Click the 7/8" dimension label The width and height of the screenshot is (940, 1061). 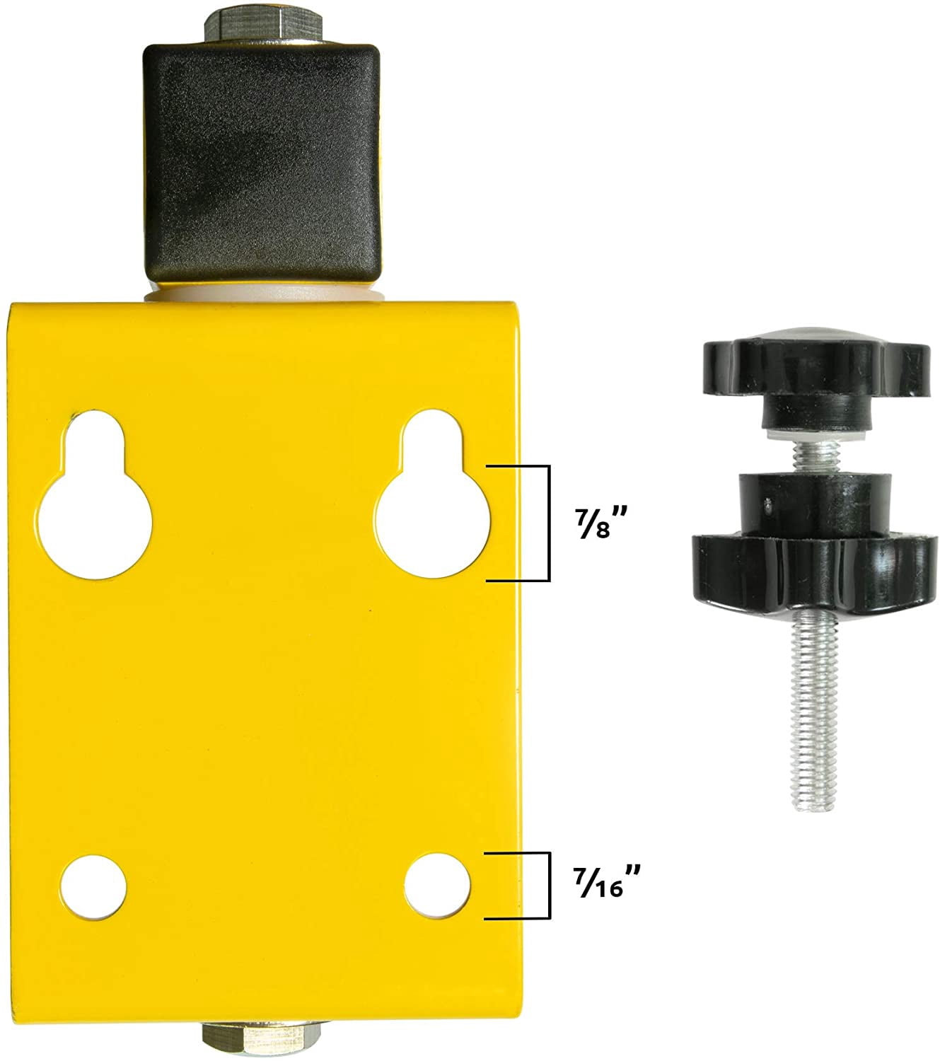tap(600, 522)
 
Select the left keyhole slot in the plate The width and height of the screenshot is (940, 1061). tap(95, 494)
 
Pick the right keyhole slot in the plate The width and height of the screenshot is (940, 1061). tap(432, 494)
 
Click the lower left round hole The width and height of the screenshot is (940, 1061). tap(93, 887)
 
